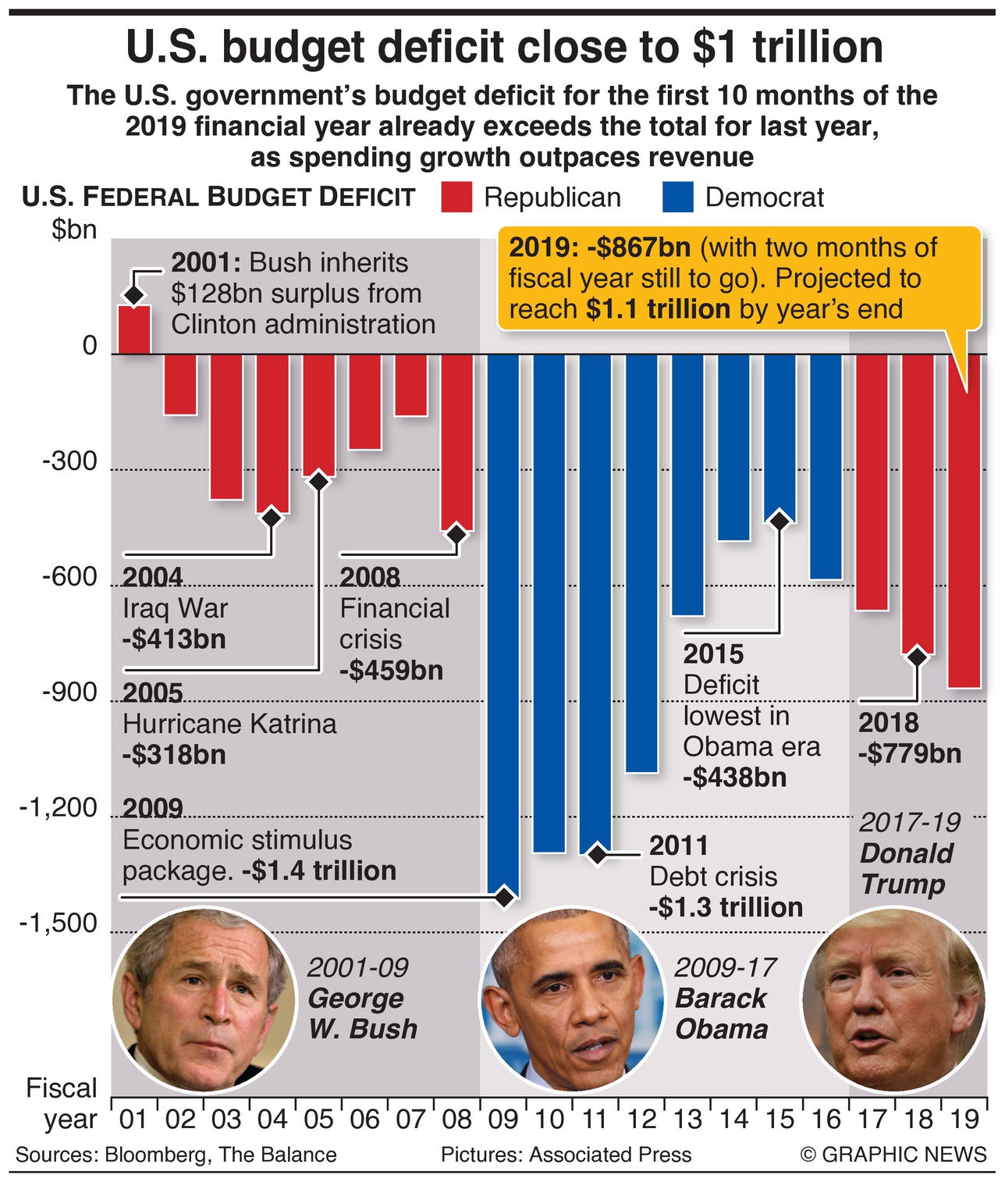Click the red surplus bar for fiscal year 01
coord(134,329)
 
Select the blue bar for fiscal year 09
coord(503,625)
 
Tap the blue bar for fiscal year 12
coord(641,562)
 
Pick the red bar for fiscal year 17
coord(872,481)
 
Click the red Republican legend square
coord(456,198)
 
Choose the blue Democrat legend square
coord(677,198)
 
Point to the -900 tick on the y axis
coord(69,692)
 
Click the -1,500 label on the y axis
coord(59,924)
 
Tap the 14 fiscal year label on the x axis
coord(733,1120)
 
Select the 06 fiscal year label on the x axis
coord(364,1120)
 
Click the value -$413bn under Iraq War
coord(174,639)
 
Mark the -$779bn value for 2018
coord(910,754)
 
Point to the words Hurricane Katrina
coord(229,725)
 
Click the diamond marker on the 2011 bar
coord(598,854)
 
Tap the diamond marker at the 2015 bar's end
coord(779,520)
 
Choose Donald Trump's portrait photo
coord(893,1000)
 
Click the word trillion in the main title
coord(818,47)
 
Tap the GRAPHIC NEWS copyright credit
coord(893,1155)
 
